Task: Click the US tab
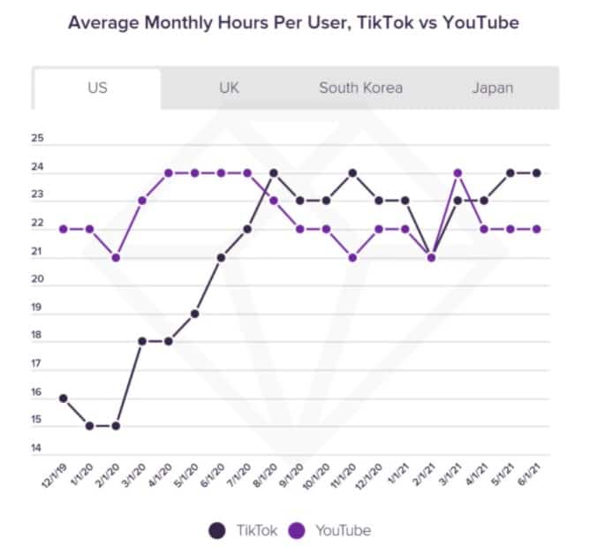tap(97, 87)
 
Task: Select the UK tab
tap(230, 87)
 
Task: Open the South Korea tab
tap(360, 87)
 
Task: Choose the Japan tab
tap(493, 87)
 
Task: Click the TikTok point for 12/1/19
tap(64, 399)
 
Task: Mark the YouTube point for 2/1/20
tap(116, 257)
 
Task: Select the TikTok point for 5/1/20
tap(194, 314)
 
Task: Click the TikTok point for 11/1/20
tap(353, 172)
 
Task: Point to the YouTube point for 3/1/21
tap(458, 172)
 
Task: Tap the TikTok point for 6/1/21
tap(537, 172)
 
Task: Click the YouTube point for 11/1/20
tap(353, 257)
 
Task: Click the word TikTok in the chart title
tap(378, 21)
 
